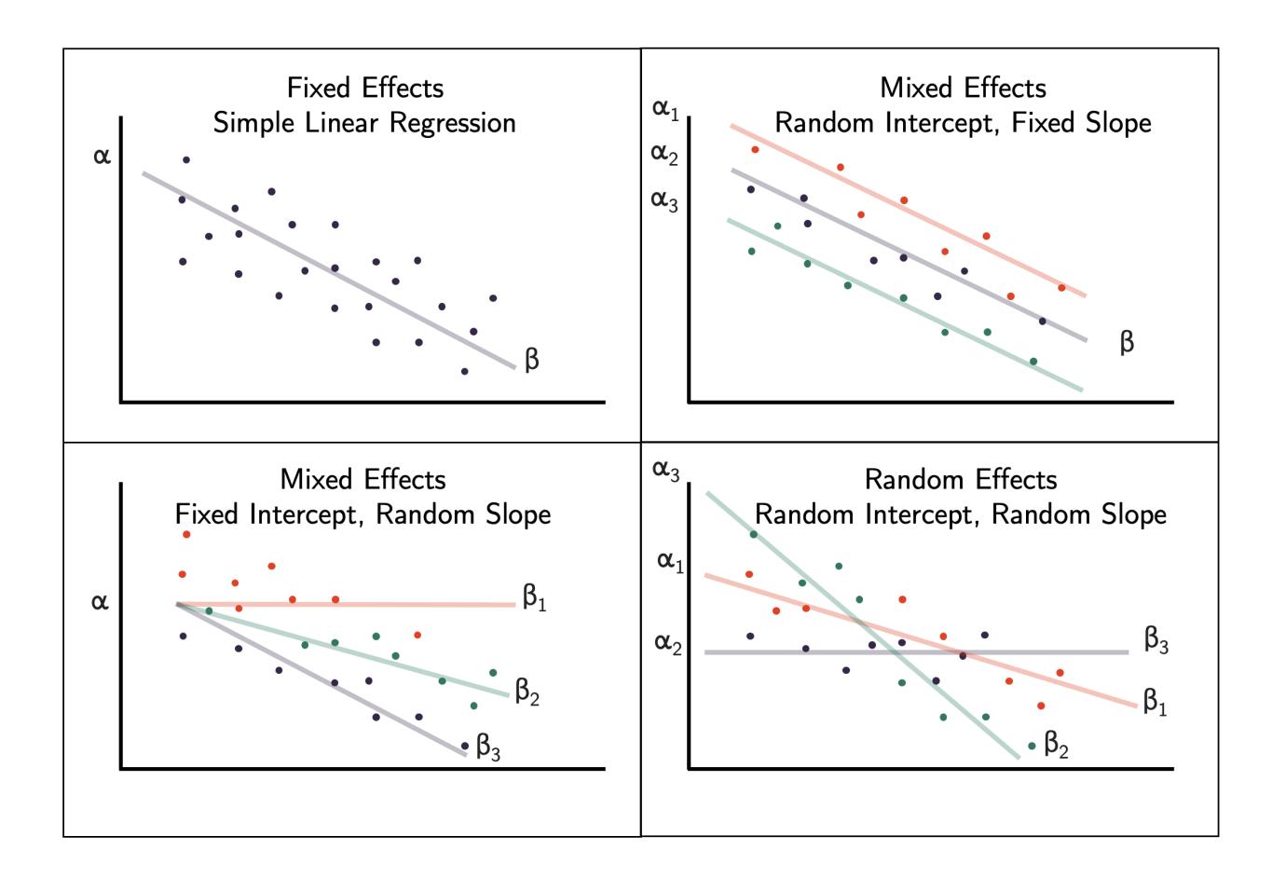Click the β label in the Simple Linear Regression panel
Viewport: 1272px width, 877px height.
tap(532, 359)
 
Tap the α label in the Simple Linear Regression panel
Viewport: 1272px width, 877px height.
tap(101, 155)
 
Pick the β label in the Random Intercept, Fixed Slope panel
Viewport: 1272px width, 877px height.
tap(1127, 342)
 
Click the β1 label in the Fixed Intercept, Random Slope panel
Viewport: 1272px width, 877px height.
tap(534, 597)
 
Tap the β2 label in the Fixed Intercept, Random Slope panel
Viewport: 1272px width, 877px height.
tap(527, 692)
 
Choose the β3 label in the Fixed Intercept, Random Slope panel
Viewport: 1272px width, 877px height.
tap(488, 746)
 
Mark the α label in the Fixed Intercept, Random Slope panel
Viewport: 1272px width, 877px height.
tap(100, 602)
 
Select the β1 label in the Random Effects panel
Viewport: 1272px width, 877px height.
tap(1156, 702)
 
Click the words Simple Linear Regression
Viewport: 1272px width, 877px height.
tap(364, 122)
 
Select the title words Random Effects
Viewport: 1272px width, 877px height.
tap(961, 479)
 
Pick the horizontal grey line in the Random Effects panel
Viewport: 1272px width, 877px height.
tap(1025, 652)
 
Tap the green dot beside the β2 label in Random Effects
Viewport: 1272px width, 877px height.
tap(1031, 746)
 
